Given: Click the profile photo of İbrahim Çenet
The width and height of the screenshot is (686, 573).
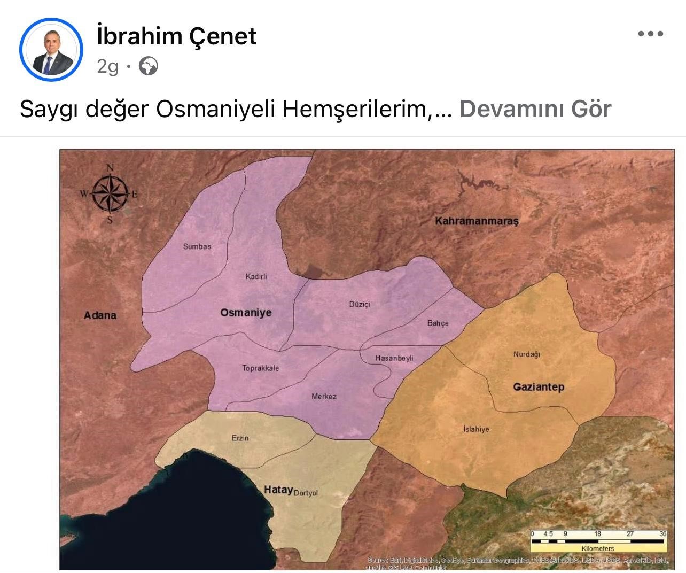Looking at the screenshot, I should point(51,50).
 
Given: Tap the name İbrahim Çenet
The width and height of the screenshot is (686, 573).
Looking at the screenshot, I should point(177,36).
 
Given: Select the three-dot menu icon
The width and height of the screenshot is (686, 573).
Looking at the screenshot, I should point(650,34).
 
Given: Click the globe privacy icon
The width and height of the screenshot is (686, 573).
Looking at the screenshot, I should point(148,66).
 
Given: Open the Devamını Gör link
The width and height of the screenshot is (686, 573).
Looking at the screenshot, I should point(535,109).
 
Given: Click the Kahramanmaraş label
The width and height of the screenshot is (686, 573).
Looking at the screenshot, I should point(477,221).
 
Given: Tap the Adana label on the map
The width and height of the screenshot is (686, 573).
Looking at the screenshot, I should point(100,315).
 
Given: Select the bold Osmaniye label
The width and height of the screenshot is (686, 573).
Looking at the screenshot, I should point(246,313).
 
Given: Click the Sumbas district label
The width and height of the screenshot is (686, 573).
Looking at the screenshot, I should point(197,246).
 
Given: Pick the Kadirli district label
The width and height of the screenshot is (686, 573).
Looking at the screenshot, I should point(256,276).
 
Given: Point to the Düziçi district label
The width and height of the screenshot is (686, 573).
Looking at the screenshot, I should point(360,304).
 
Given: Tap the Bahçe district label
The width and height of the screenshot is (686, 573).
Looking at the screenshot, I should point(438,323).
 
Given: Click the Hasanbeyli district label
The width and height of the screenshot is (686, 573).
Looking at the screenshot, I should point(394,358).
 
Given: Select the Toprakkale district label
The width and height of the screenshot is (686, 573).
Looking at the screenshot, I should point(261,368).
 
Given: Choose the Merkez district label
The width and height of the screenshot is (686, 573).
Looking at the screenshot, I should point(324,397).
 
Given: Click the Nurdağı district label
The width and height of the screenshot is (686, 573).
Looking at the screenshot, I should point(527,354).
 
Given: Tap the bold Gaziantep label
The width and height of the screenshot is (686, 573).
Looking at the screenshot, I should point(539,387).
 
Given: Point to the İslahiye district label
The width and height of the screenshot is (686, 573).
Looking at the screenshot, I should point(476,429).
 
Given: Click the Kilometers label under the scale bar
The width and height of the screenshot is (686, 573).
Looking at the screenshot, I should point(598,548).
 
